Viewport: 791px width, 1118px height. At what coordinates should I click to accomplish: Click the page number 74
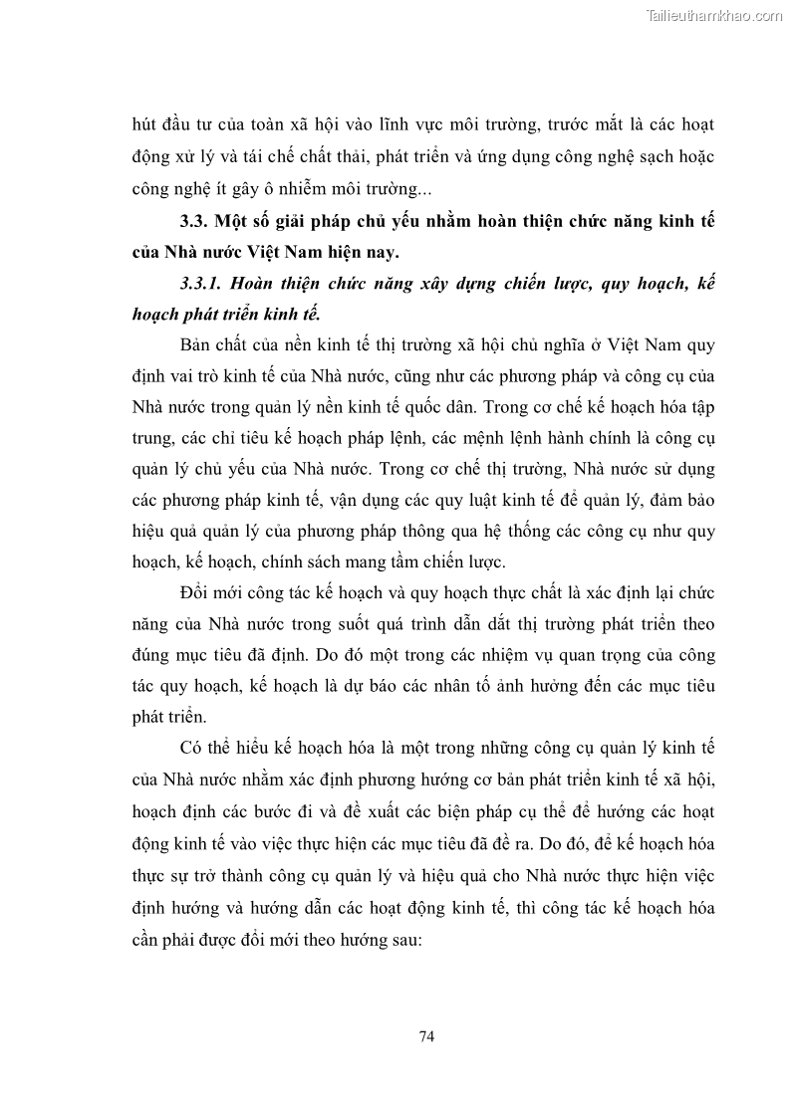pos(426,1036)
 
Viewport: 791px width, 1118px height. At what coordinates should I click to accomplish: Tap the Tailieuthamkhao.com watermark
pos(714,15)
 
